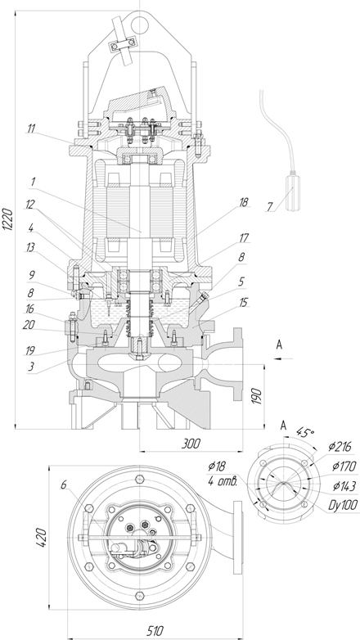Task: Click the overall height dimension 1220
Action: [8, 220]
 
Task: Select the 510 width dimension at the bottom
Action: [155, 631]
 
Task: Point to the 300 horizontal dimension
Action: [190, 444]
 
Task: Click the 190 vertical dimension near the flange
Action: [256, 396]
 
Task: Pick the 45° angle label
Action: [305, 433]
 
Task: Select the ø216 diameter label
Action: [340, 447]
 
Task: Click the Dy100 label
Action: [344, 505]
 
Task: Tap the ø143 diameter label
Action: [344, 485]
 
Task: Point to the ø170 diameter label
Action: [344, 466]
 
